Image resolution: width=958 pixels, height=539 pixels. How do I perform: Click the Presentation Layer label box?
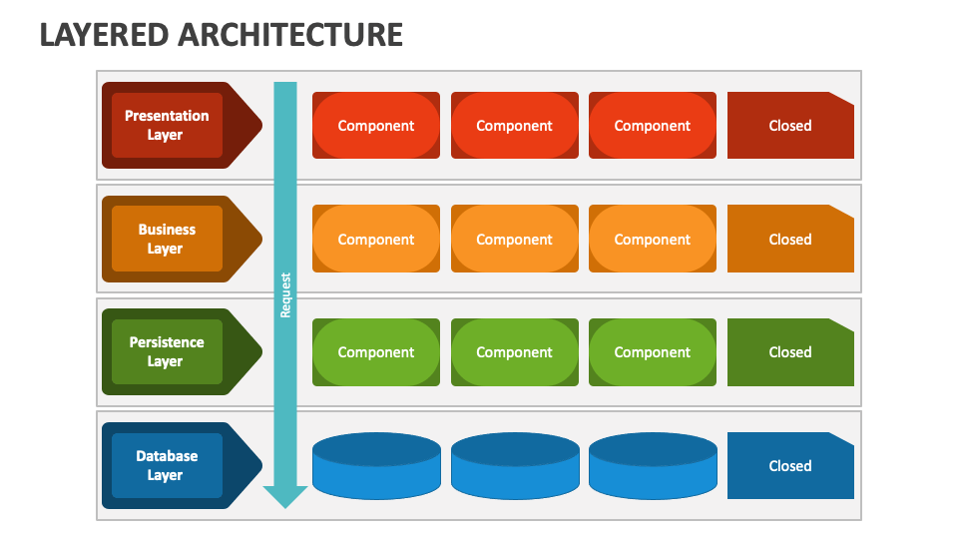pyautogui.click(x=167, y=126)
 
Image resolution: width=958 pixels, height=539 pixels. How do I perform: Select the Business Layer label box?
pyautogui.click(x=167, y=240)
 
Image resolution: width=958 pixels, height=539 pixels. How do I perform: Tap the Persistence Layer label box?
pyautogui.click(x=167, y=352)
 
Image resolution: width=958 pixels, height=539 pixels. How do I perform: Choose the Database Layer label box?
pyautogui.click(x=167, y=466)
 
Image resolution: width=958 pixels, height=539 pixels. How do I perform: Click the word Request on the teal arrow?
pyautogui.click(x=285, y=295)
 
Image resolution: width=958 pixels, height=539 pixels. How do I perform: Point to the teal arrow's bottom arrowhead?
pyautogui.click(x=285, y=496)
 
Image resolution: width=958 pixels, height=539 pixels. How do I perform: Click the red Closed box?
pyautogui.click(x=789, y=126)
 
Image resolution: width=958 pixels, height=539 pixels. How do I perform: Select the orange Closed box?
pyautogui.click(x=789, y=240)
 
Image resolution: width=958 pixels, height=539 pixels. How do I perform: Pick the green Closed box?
pyautogui.click(x=789, y=352)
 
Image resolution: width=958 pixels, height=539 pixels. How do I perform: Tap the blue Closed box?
pyautogui.click(x=789, y=466)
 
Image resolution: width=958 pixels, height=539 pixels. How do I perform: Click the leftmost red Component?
pyautogui.click(x=376, y=126)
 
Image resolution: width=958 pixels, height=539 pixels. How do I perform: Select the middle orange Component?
pyautogui.click(x=514, y=240)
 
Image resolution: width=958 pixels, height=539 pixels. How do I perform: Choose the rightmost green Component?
pyautogui.click(x=653, y=352)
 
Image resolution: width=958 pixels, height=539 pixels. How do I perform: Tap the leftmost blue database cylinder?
pyautogui.click(x=376, y=466)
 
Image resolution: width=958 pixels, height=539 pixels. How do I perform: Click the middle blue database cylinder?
pyautogui.click(x=515, y=466)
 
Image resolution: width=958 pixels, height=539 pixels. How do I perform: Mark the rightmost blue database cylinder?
pyautogui.click(x=653, y=466)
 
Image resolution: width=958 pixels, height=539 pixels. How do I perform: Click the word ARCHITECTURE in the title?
pyautogui.click(x=290, y=34)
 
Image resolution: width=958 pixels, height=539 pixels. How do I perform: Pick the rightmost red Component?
pyautogui.click(x=653, y=126)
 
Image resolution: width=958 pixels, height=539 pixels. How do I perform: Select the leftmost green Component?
pyautogui.click(x=376, y=352)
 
